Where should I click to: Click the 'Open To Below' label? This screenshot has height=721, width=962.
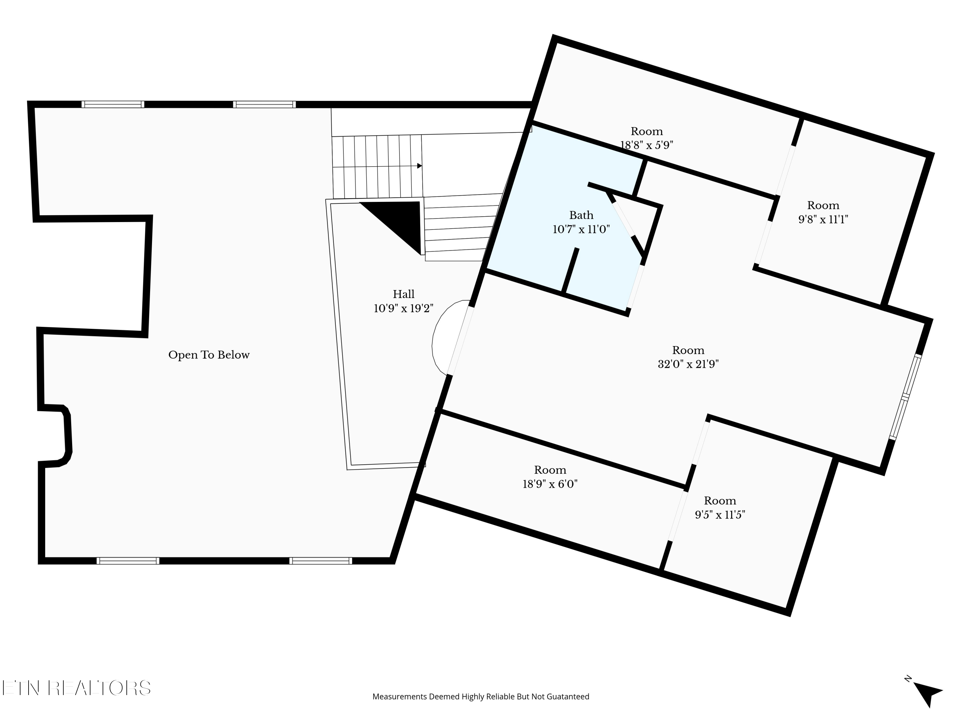point(209,355)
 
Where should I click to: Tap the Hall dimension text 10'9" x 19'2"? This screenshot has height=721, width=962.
point(404,309)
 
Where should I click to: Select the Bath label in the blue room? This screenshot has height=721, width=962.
point(581,215)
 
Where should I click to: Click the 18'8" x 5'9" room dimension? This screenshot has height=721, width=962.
point(647,145)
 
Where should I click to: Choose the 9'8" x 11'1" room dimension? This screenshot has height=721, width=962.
point(823,220)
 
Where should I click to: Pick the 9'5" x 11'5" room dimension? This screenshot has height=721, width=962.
point(720,515)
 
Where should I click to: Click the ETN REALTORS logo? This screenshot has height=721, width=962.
point(77,688)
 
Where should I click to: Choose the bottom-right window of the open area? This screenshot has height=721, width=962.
point(321,561)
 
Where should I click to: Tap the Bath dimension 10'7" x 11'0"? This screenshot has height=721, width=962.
point(581,229)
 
